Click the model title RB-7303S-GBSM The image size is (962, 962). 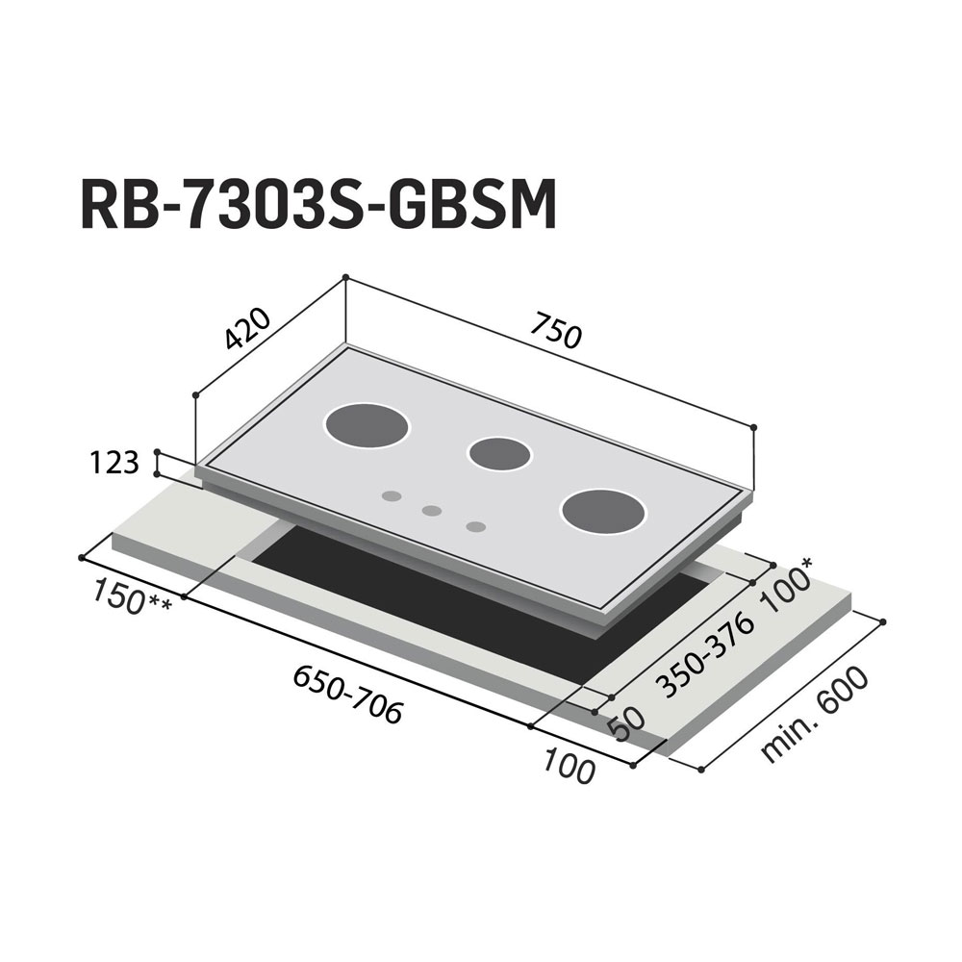(x=318, y=204)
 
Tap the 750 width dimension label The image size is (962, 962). (x=555, y=330)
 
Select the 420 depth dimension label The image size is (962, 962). (x=246, y=328)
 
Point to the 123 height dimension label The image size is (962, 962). (x=114, y=463)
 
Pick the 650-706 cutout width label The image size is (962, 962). (x=348, y=695)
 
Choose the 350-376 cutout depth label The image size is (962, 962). (x=704, y=656)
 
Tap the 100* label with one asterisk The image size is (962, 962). (x=788, y=586)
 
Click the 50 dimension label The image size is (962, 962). (x=626, y=724)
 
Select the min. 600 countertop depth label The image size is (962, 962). (x=815, y=715)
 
